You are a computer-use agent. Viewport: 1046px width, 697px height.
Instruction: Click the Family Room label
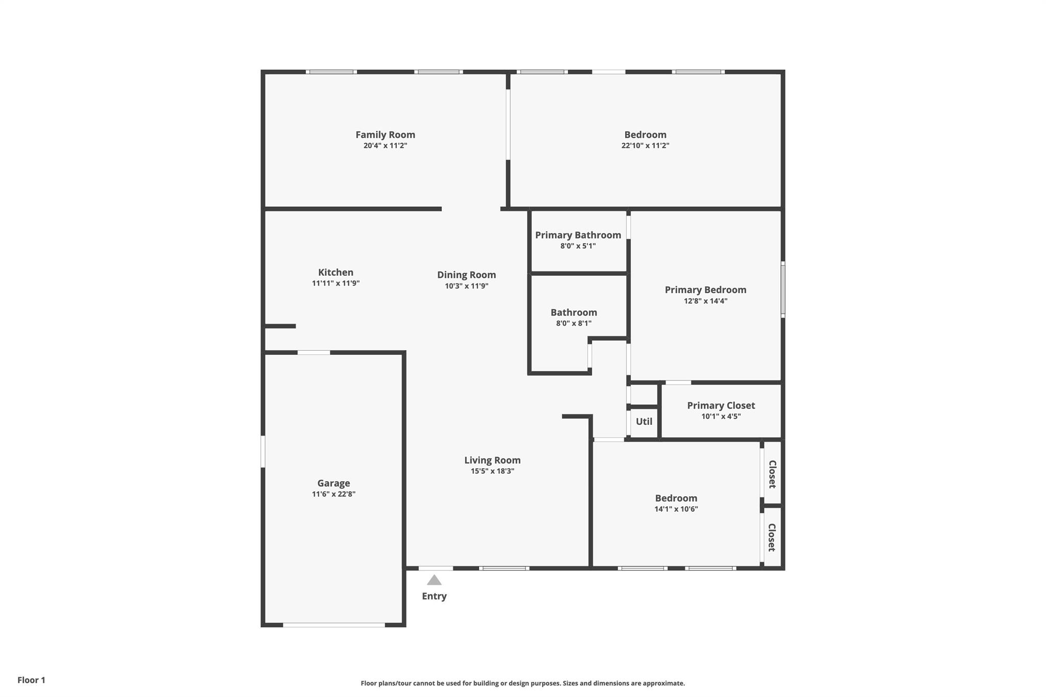(x=385, y=135)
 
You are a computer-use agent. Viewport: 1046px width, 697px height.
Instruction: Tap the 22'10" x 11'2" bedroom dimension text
(x=645, y=146)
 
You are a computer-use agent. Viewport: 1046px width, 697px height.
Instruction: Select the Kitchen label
(x=336, y=272)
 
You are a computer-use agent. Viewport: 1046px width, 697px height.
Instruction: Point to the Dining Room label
(x=466, y=275)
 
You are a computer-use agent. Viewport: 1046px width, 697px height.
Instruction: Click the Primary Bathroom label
(x=578, y=235)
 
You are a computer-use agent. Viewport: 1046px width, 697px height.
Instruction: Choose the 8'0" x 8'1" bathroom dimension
(x=574, y=323)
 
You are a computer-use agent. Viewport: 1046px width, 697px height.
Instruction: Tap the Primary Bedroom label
(x=705, y=290)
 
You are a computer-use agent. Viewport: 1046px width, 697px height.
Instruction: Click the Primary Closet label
(x=721, y=405)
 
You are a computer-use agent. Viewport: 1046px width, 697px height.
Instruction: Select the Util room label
(x=644, y=421)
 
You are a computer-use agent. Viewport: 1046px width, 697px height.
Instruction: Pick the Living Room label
(x=492, y=460)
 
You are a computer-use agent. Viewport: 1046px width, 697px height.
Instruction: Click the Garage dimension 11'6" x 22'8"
(x=334, y=494)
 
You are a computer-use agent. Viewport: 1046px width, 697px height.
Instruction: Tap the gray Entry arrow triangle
(x=434, y=580)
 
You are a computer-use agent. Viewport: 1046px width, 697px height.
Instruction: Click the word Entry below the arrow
(x=434, y=596)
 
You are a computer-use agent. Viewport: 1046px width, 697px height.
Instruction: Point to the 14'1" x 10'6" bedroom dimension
(x=676, y=509)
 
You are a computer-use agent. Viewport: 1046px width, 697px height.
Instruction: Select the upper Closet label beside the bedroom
(x=772, y=474)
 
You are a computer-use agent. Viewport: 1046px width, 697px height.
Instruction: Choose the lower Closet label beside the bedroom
(x=772, y=537)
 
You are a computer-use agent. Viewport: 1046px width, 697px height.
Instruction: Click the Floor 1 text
(x=31, y=680)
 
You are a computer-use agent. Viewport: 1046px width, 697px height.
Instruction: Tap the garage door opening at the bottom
(x=334, y=624)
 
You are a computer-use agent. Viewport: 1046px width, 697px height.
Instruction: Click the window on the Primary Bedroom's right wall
(x=782, y=290)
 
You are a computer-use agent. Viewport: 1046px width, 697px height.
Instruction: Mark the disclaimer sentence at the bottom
(x=522, y=683)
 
